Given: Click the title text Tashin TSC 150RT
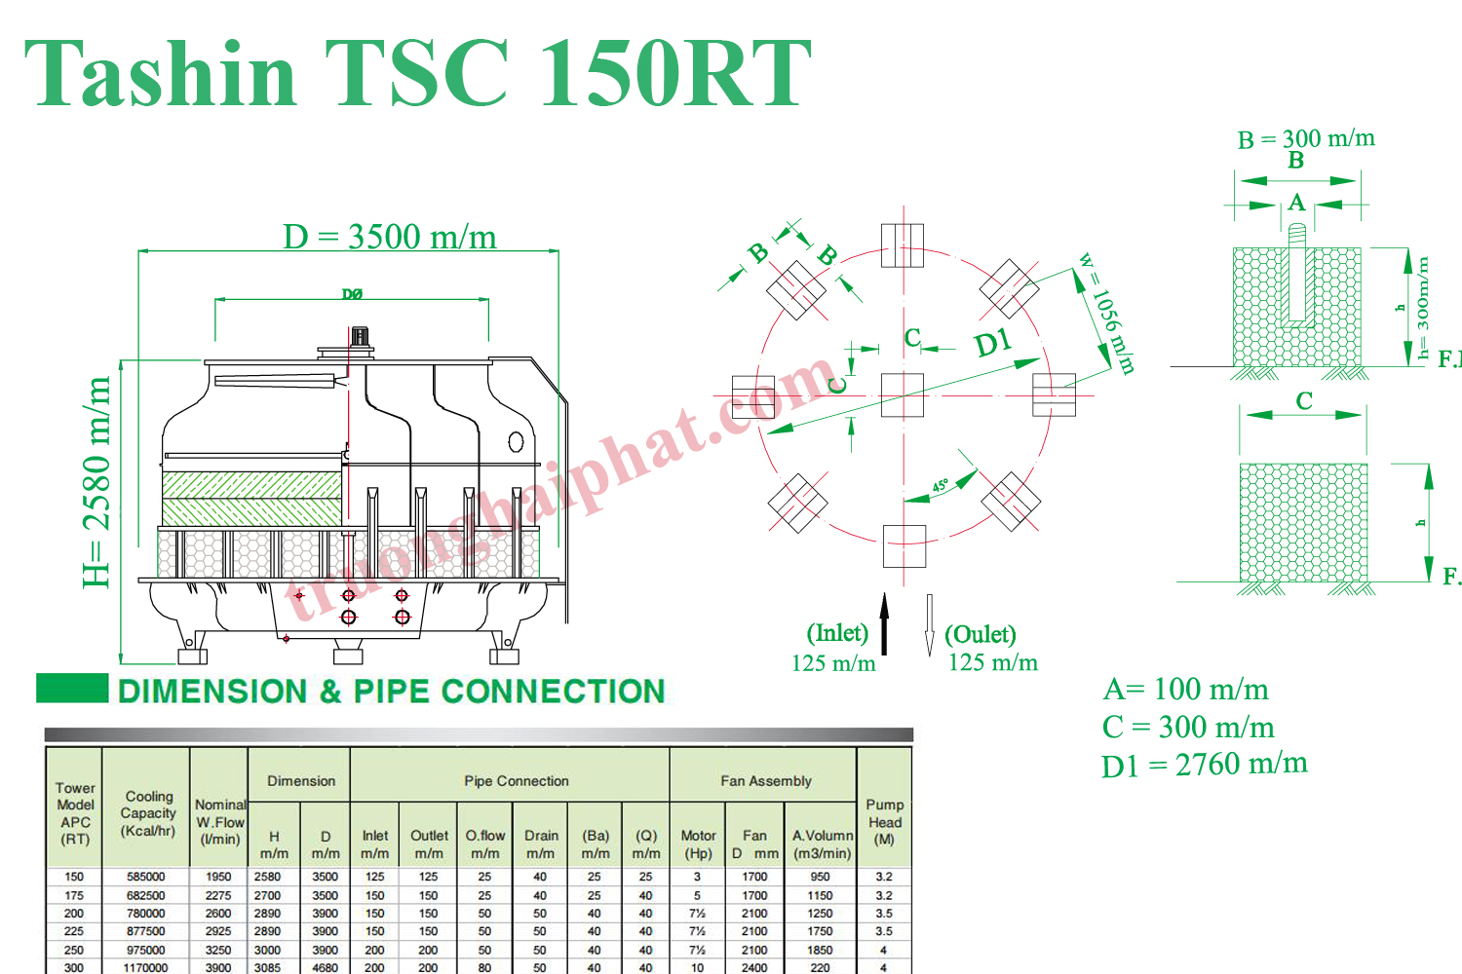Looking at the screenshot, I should pyautogui.click(x=417, y=74).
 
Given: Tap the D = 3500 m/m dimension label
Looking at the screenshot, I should pyautogui.click(x=390, y=237).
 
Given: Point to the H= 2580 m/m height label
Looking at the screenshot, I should pyautogui.click(x=97, y=482).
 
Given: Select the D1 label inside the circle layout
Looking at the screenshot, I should pyautogui.click(x=993, y=344).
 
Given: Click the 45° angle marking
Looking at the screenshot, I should pyautogui.click(x=940, y=485).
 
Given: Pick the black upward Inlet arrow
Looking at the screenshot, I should pyautogui.click(x=884, y=623).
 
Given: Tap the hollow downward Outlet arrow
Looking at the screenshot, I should pyautogui.click(x=929, y=624).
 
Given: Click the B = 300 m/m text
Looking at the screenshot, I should pyautogui.click(x=1306, y=139).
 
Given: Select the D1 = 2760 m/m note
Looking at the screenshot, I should pyautogui.click(x=1204, y=765).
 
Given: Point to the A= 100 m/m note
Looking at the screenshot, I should pyautogui.click(x=1185, y=690).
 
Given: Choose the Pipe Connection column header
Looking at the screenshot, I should pyautogui.click(x=516, y=781).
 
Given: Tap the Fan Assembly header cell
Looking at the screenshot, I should pyautogui.click(x=765, y=781).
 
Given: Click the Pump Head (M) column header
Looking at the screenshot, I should pyautogui.click(x=884, y=821).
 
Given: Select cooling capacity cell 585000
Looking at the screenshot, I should pyautogui.click(x=146, y=877).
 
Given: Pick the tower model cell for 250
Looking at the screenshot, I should pyautogui.click(x=74, y=950).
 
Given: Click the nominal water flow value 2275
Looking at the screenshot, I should pyautogui.click(x=218, y=895).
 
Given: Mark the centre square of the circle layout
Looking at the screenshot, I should pyautogui.click(x=902, y=394).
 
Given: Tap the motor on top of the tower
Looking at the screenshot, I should pyautogui.click(x=359, y=339).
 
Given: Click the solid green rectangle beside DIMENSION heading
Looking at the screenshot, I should pyautogui.click(x=72, y=688).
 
